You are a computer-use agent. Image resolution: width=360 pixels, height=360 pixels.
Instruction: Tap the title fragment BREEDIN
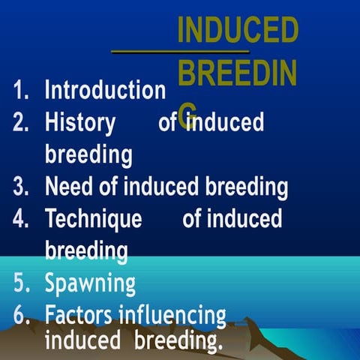[x=238, y=73]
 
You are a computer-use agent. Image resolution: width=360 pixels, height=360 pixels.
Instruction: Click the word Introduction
[x=105, y=90]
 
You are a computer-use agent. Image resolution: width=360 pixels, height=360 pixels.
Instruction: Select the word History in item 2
[x=80, y=121]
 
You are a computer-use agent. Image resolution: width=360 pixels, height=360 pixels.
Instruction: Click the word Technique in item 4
[x=93, y=219]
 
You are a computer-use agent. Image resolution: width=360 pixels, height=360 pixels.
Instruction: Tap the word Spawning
[x=90, y=283]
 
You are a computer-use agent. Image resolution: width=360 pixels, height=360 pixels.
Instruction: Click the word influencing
[x=177, y=315]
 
